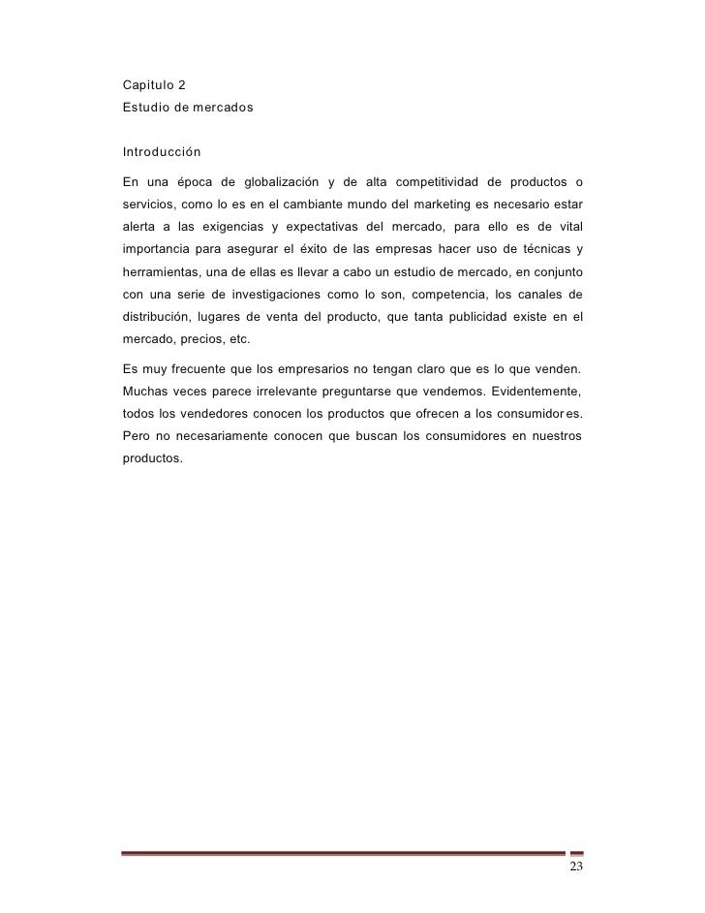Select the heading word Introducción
pos(161,153)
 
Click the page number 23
pos(576,866)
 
